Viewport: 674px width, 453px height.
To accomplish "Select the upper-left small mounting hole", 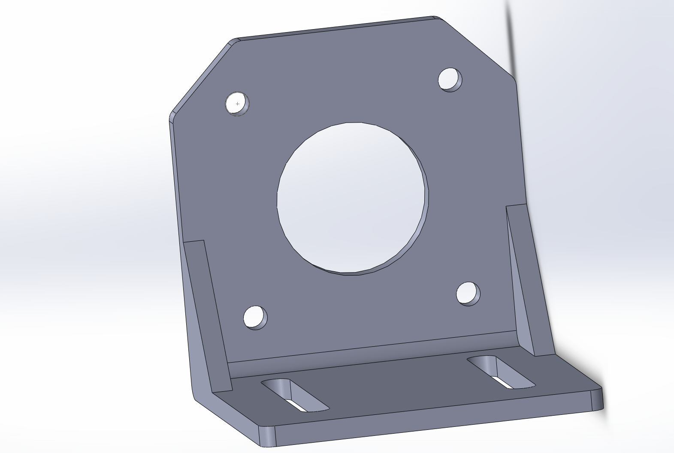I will [237, 103].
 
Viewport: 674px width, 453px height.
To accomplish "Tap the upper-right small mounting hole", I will [450, 79].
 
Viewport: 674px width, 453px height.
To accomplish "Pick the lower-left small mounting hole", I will [255, 318].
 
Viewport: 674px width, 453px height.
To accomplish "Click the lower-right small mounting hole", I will [468, 294].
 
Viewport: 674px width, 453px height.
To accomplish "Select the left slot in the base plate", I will [295, 395].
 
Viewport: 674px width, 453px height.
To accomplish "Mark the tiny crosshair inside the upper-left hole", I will [238, 104].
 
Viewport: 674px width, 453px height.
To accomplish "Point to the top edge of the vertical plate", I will [335, 29].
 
